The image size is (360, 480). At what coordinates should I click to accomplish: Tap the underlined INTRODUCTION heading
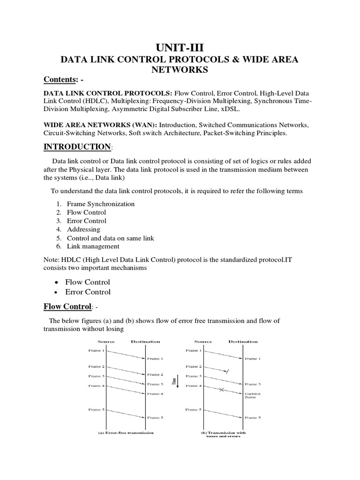tap(77, 147)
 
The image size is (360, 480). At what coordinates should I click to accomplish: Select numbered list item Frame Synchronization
tap(100, 204)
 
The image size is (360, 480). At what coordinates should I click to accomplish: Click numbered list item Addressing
tap(83, 229)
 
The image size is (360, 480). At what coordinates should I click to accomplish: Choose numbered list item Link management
tap(93, 246)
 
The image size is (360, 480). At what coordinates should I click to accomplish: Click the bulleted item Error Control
tap(89, 292)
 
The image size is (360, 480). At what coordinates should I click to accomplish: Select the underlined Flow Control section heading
tap(67, 307)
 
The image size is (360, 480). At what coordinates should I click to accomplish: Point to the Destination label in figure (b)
tap(243, 341)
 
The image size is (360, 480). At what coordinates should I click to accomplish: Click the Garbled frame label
tap(252, 396)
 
